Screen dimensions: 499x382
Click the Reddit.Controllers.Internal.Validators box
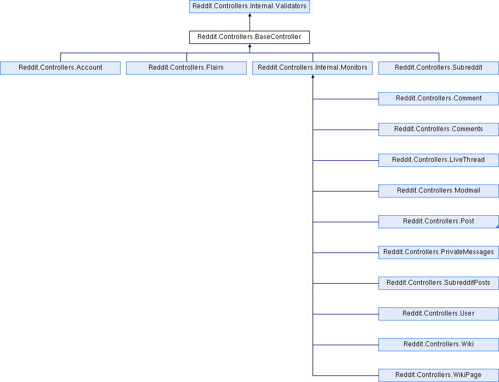(250, 7)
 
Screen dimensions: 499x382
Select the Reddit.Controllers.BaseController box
(250, 37)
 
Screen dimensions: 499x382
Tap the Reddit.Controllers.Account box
(60, 68)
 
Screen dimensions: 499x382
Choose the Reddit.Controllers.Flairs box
(186, 68)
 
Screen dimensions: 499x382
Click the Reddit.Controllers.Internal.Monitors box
(313, 68)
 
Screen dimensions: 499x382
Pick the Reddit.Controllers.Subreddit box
(439, 68)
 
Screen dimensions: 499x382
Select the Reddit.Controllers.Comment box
(439, 98)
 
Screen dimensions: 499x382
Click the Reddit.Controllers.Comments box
(439, 130)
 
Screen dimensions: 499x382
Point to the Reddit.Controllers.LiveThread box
(439, 160)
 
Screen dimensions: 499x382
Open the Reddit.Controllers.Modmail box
(439, 191)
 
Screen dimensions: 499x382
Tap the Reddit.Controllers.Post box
(439, 221)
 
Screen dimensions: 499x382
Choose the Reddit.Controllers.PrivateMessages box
(439, 252)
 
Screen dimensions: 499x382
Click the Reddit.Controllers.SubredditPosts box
(439, 283)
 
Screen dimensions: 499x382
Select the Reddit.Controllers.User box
(439, 314)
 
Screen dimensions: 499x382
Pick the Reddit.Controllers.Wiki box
(439, 345)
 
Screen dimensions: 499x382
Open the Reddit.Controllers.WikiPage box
(439, 375)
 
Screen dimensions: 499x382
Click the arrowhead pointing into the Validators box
(250, 15)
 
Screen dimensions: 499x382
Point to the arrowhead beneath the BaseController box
(250, 46)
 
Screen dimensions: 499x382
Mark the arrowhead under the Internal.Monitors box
(313, 76)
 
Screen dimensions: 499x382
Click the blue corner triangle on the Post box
(497, 227)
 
